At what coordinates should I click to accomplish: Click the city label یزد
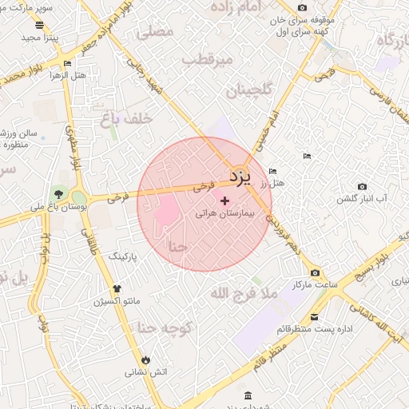pos(240,174)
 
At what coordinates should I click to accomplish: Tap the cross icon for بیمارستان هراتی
pos(224,201)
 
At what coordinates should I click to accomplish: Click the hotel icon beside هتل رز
pos(273,171)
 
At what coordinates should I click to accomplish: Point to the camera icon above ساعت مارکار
pos(314,273)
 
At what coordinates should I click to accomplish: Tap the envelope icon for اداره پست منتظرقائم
pos(314,317)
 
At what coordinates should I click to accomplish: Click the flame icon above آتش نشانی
pos(145,359)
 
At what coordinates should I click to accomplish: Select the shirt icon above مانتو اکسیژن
pos(117,289)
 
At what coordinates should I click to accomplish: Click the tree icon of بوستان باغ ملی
pos(58,194)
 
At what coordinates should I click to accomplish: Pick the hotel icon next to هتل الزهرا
pos(67,64)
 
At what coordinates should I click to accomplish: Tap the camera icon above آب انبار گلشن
pos(363,186)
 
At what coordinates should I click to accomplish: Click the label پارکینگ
pos(122,256)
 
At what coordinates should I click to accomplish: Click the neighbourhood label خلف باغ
pos(125,119)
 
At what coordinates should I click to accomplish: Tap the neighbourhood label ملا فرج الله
pos(243,294)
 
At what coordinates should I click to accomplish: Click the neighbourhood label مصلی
pos(155,33)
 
